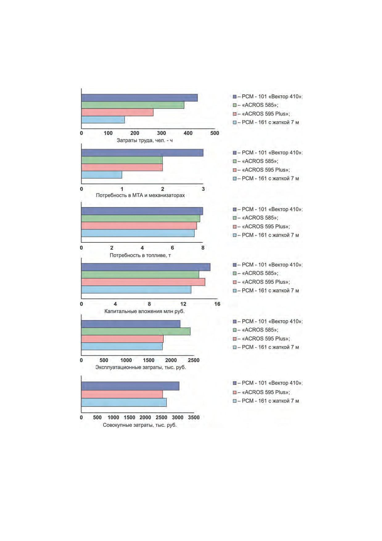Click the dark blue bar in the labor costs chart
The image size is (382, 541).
click(x=139, y=98)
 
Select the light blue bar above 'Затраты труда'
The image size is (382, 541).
click(x=103, y=120)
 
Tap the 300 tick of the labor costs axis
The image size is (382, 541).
click(x=161, y=133)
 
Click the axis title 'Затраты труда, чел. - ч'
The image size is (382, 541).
click(x=145, y=141)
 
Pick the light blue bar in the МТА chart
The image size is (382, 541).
click(x=102, y=175)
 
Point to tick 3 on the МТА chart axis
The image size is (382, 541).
click(x=203, y=189)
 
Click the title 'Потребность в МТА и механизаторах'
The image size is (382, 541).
click(x=140, y=195)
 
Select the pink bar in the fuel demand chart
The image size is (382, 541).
click(x=139, y=226)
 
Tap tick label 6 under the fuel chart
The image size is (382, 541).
click(x=172, y=248)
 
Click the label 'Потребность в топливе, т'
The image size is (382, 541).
click(x=140, y=255)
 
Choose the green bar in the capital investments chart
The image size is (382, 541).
click(x=140, y=275)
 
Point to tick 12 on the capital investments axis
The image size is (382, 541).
click(x=183, y=304)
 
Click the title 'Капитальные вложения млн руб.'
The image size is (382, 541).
click(x=144, y=311)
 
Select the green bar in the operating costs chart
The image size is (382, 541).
click(x=136, y=331)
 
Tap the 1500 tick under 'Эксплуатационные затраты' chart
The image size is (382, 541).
click(x=149, y=360)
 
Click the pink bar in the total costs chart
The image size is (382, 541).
click(x=122, y=394)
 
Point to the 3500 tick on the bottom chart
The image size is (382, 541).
click(x=194, y=418)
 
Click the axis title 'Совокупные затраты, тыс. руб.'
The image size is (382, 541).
click(x=140, y=425)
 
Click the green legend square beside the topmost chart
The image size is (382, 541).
click(x=235, y=105)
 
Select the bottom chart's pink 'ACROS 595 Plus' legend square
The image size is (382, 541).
click(x=235, y=392)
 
